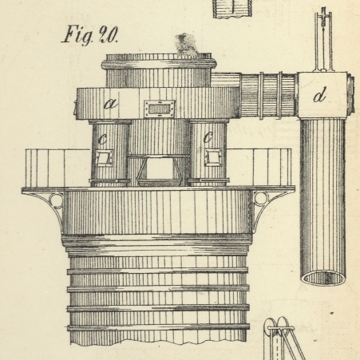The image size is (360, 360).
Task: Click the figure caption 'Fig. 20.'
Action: pyautogui.click(x=89, y=35)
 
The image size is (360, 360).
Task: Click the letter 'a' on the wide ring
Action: pyautogui.click(x=111, y=103)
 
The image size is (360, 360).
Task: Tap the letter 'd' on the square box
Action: pyautogui.click(x=319, y=95)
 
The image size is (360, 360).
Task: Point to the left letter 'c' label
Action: pyautogui.click(x=102, y=138)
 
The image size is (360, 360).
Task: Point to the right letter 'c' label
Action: pyautogui.click(x=208, y=137)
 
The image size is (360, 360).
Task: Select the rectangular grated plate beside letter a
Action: pyautogui.click(x=159, y=109)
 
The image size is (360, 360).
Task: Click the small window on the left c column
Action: pyautogui.click(x=104, y=157)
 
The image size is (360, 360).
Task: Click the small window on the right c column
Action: pyautogui.click(x=213, y=157)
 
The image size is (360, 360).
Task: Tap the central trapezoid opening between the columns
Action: pyautogui.click(x=160, y=170)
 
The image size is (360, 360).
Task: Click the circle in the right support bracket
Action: pyautogui.click(x=261, y=199)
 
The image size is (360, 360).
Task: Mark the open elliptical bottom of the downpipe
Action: pyautogui.click(x=323, y=278)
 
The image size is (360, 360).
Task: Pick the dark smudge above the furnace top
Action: pyautogui.click(x=185, y=45)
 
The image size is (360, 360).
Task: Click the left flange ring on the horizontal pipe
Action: pyautogui.click(x=262, y=95)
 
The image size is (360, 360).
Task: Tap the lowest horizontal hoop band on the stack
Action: pyautogui.click(x=158, y=327)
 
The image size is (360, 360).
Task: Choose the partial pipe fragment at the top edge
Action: pyautogui.click(x=232, y=9)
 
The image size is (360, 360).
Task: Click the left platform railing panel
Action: pyautogui.click(x=58, y=168)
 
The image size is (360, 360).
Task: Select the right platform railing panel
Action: pyautogui.click(x=259, y=167)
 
